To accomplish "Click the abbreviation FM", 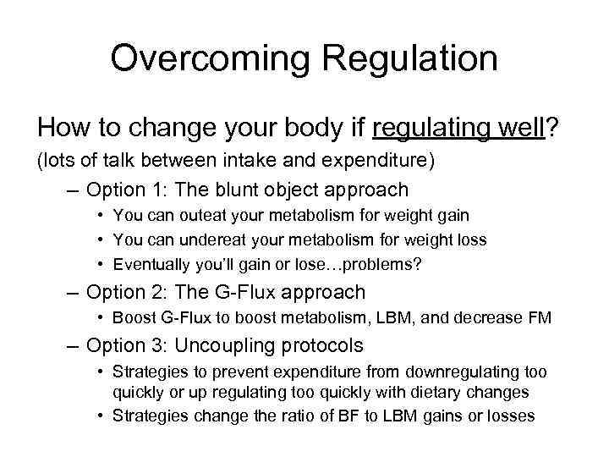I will [x=540, y=319].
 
